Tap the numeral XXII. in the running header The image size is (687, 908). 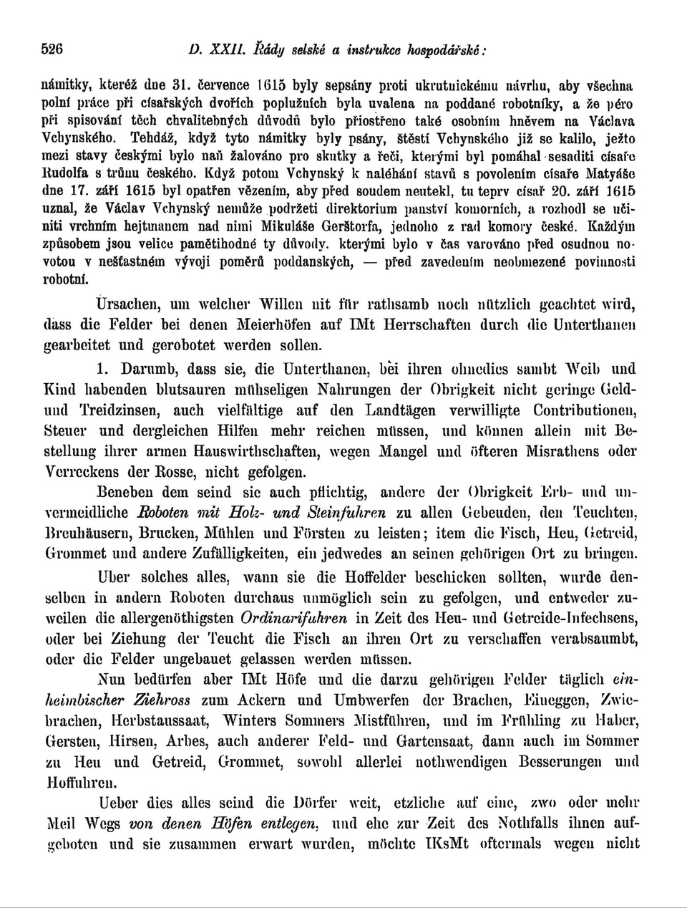click(228, 51)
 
